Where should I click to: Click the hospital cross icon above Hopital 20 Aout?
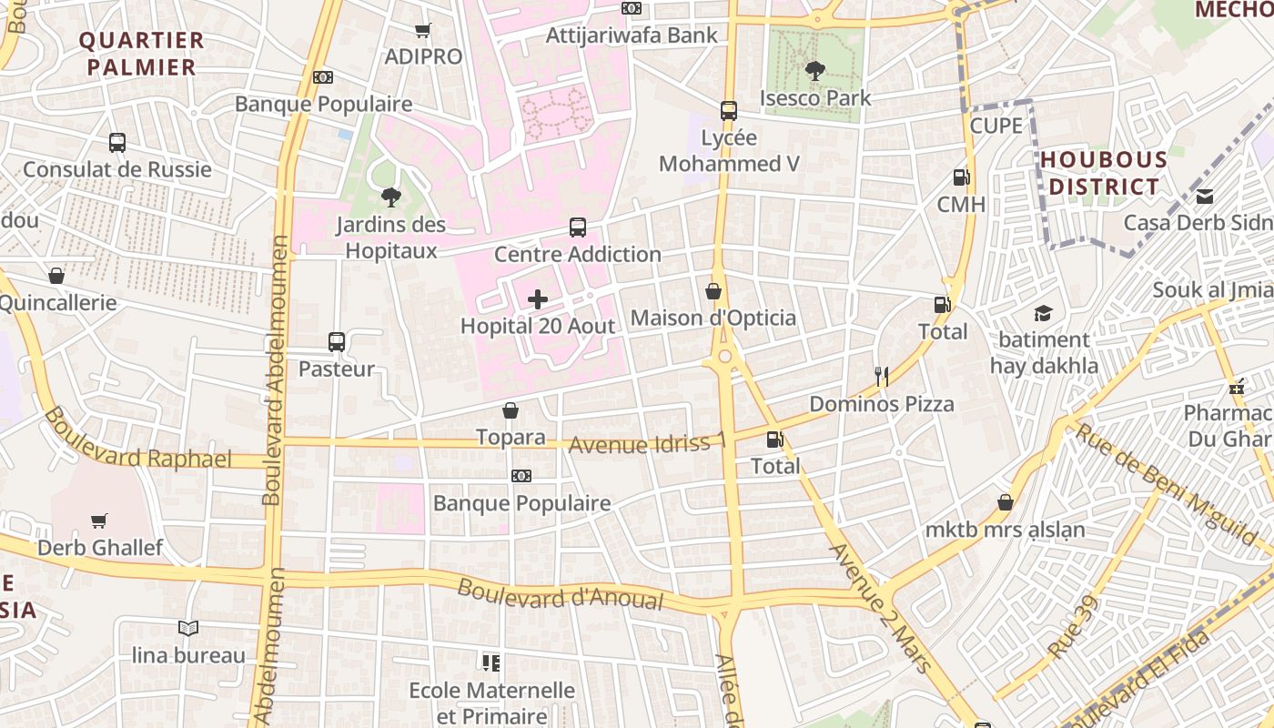tap(538, 299)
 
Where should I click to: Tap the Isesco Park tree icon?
tap(815, 70)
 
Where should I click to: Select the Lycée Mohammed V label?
tap(729, 151)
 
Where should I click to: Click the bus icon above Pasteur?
tap(337, 342)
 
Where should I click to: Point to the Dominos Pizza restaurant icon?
tap(881, 377)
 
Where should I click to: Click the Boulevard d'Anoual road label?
tap(561, 594)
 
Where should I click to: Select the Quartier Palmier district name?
tap(141, 54)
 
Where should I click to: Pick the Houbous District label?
tap(1104, 173)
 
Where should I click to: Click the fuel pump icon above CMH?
tap(961, 177)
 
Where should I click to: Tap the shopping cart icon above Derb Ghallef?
tap(99, 521)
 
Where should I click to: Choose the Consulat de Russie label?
tap(117, 169)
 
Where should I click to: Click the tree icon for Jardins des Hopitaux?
tap(390, 197)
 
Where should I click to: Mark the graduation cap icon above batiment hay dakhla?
tap(1043, 313)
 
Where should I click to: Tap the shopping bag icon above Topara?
tap(511, 411)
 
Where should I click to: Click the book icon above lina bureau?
tap(188, 628)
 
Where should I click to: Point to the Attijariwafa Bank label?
tap(632, 35)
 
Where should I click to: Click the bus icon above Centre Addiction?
tap(578, 227)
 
